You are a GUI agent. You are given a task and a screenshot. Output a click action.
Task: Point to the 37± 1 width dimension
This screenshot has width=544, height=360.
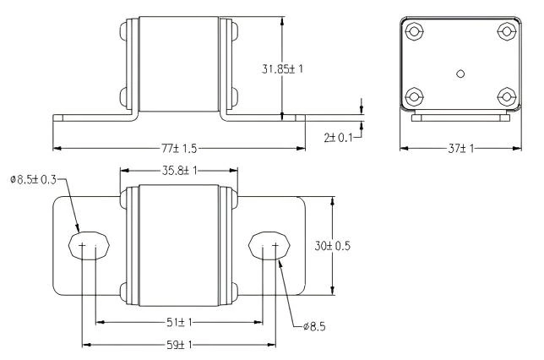460,148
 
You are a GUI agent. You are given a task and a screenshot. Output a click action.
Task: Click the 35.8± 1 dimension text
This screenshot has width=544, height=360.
178,169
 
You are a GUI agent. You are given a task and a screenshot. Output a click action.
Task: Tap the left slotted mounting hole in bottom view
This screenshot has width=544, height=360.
86,246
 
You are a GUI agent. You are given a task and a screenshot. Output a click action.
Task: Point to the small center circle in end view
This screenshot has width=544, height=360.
460,74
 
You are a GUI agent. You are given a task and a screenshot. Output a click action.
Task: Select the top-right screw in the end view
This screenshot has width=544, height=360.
506,32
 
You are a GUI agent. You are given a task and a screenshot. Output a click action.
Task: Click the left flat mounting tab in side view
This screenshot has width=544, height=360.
89,117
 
